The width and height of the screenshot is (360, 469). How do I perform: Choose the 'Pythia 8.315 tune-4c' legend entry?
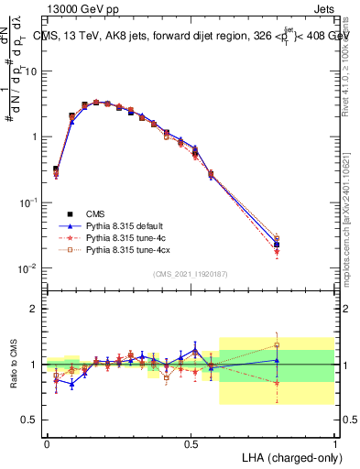[x=128, y=236]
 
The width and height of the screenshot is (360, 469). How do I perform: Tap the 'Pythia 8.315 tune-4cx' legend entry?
[x=130, y=248]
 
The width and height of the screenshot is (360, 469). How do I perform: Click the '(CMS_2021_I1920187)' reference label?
[x=191, y=274]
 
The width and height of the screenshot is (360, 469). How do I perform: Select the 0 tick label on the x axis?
[x=47, y=442]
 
